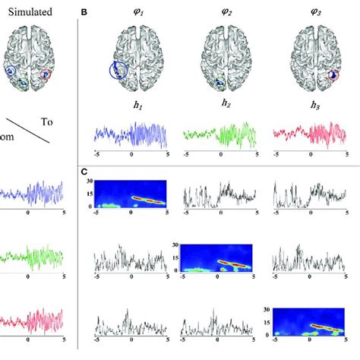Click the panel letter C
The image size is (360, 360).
(x=85, y=173)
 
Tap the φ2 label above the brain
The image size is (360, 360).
(x=221, y=12)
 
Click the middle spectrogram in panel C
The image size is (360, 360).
(x=220, y=258)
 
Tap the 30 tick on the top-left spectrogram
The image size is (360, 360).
(x=89, y=181)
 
